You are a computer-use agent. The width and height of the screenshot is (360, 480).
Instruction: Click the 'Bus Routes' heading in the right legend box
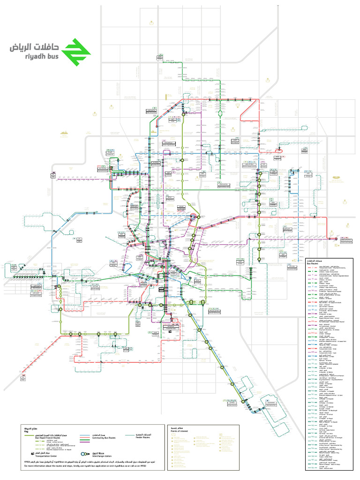click(313, 263)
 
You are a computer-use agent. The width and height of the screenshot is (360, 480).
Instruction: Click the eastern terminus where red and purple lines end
click(336, 239)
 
